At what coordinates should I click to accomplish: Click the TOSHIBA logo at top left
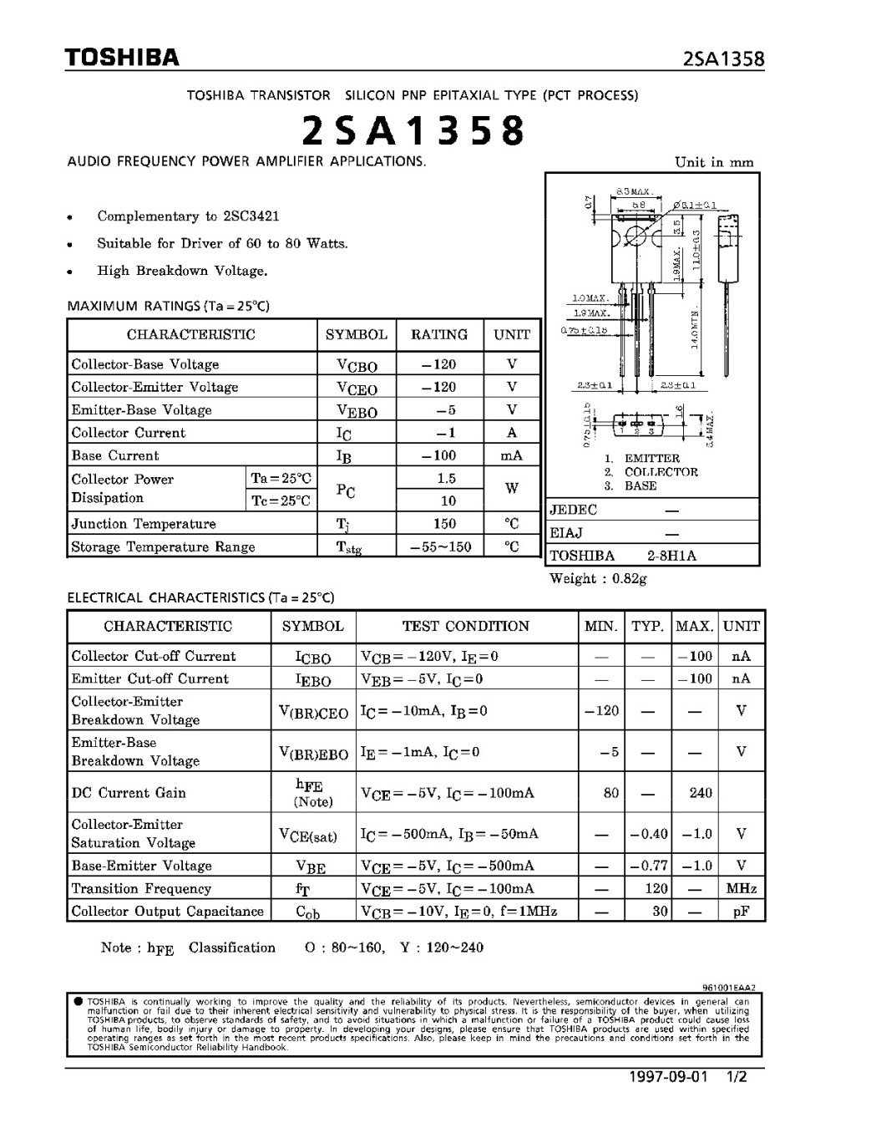[x=123, y=58]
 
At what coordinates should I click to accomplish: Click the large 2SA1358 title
[x=413, y=130]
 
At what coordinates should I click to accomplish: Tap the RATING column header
[x=439, y=335]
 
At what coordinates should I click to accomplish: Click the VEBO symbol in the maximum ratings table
[x=357, y=411]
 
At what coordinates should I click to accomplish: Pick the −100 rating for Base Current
[x=439, y=456]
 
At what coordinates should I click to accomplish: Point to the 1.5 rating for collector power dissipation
[x=446, y=479]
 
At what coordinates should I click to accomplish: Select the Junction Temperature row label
[x=144, y=524]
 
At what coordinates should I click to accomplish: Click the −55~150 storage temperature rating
[x=440, y=546]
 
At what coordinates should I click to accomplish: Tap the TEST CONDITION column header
[x=465, y=626]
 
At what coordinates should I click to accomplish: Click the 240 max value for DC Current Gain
[x=700, y=793]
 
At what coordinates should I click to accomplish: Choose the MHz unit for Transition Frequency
[x=741, y=889]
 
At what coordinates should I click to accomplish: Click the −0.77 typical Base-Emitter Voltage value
[x=650, y=866]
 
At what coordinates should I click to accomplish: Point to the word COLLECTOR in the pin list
[x=661, y=472]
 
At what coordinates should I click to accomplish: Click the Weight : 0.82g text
[x=598, y=578]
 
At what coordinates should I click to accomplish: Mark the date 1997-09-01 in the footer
[x=667, y=1076]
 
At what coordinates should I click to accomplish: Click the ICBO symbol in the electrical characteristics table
[x=313, y=658]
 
